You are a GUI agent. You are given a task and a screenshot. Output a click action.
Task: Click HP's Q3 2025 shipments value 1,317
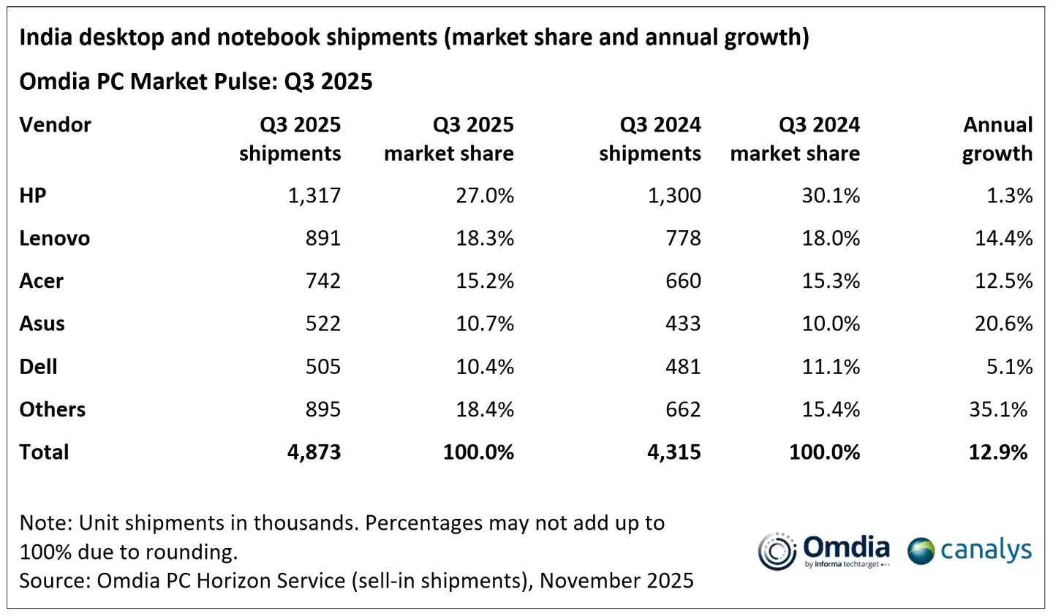point(314,196)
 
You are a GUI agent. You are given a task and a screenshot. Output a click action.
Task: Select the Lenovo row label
point(55,238)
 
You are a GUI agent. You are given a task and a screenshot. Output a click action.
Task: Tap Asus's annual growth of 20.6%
point(1003,324)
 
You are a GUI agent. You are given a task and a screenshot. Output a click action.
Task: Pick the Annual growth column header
point(997,139)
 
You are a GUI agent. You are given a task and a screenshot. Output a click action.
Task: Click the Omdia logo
point(824,551)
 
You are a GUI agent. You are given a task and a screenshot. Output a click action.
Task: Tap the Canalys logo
point(970,550)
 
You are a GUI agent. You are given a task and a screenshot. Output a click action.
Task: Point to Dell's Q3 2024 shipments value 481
point(683,367)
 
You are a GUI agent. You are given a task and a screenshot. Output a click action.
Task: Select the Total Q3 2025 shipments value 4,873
point(314,452)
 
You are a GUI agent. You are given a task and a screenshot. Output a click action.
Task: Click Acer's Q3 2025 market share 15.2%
point(485,281)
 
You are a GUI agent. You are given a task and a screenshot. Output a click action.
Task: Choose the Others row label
point(53,409)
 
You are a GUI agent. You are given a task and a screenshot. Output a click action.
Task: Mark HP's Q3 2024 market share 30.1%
point(831,196)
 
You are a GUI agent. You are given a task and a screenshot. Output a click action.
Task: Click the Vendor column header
point(56,125)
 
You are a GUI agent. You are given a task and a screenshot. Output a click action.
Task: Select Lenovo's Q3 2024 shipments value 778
point(683,238)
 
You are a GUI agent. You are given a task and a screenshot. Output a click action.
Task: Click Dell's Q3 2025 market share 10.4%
point(485,367)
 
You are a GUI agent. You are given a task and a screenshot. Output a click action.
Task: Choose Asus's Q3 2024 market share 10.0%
point(831,324)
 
